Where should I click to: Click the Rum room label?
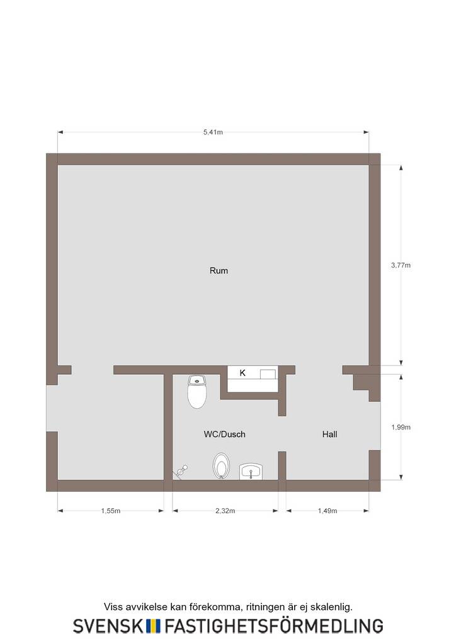(x=219, y=270)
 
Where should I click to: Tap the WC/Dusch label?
(x=224, y=434)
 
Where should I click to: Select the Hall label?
(x=330, y=434)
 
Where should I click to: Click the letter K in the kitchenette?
(x=242, y=372)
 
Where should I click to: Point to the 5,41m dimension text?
(x=213, y=132)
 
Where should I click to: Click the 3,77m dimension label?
(x=401, y=265)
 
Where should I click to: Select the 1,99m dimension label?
(x=401, y=427)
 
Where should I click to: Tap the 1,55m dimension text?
(x=111, y=511)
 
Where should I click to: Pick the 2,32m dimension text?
(x=225, y=511)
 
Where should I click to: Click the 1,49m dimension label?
(x=328, y=511)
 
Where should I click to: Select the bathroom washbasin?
(x=251, y=472)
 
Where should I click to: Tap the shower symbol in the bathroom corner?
(x=181, y=472)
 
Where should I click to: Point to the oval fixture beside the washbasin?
(x=221, y=466)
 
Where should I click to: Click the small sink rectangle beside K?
(x=268, y=374)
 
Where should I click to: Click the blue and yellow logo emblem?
(x=153, y=626)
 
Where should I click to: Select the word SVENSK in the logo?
(x=108, y=626)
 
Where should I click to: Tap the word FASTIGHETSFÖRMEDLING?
(x=274, y=626)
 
